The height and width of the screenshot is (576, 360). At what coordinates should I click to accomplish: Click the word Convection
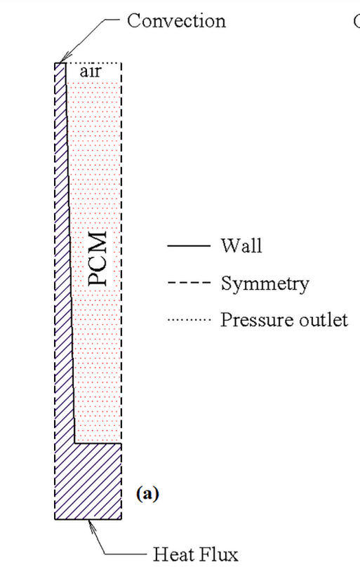coord(176,20)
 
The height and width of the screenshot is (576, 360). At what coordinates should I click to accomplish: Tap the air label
coord(91,71)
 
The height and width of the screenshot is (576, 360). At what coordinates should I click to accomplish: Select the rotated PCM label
coord(98,258)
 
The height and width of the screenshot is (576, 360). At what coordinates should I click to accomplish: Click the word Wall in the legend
coord(241,246)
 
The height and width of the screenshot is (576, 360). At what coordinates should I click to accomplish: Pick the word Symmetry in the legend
coord(265,284)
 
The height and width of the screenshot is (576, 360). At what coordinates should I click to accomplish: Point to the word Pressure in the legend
coord(257,320)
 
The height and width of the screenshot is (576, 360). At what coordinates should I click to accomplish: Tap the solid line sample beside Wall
coord(189,246)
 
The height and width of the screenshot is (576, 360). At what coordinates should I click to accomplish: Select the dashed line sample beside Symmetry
coord(189,283)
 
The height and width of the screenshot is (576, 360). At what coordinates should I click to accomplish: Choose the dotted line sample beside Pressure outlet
coord(189,320)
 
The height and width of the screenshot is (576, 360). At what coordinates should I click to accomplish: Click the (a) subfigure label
coord(147,493)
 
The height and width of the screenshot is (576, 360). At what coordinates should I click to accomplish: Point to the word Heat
coord(171,554)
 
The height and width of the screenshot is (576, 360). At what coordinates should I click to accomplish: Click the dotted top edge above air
coord(93,63)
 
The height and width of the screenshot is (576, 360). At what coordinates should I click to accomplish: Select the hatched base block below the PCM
coord(88,481)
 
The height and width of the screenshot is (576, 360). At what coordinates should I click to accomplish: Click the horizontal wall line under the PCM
coord(98,443)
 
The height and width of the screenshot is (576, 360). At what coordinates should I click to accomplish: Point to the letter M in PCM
coord(98,240)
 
